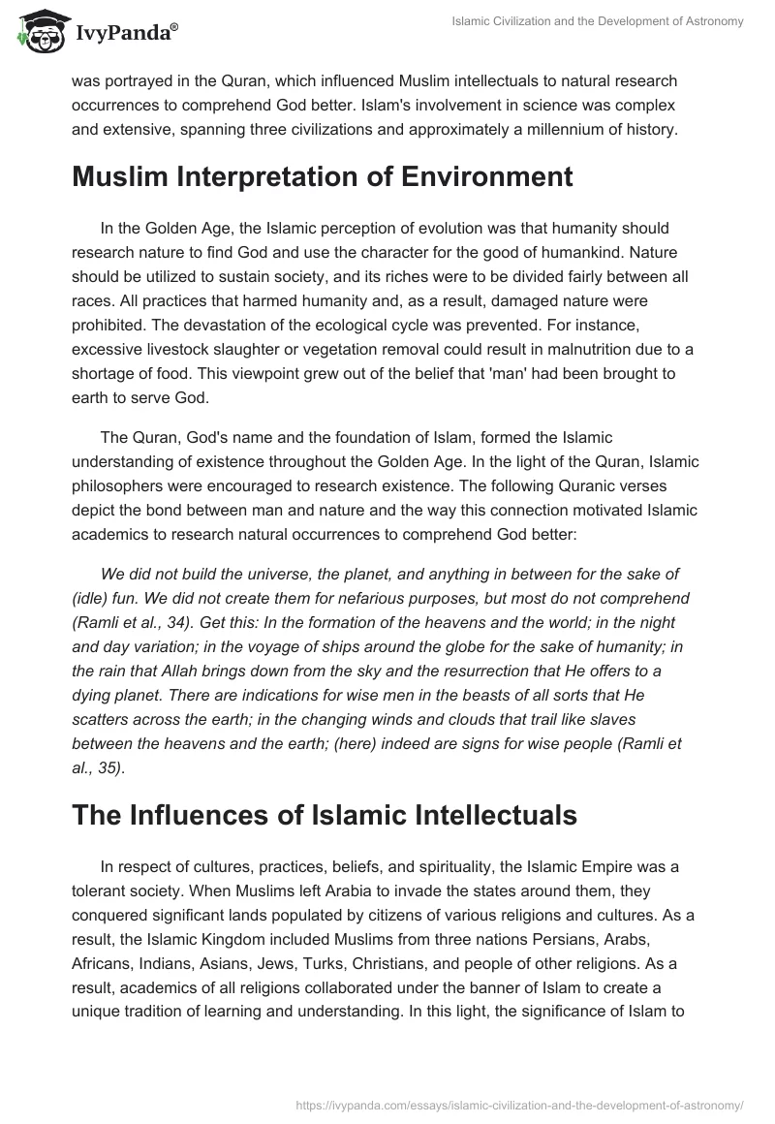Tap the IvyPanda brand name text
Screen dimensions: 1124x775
[125, 34]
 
